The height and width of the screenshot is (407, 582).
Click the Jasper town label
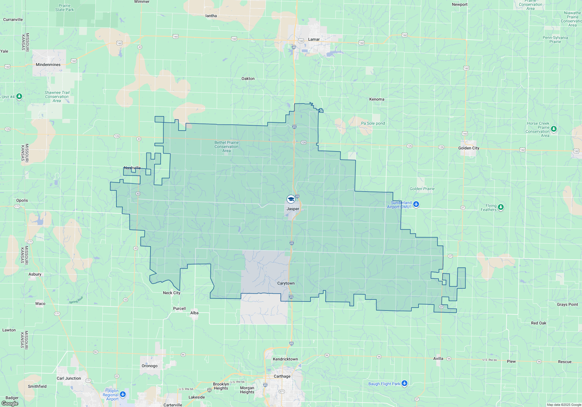point(293,209)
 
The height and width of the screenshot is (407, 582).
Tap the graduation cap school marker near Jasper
point(290,199)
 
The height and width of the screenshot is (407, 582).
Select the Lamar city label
point(314,39)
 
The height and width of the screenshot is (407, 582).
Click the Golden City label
point(469,148)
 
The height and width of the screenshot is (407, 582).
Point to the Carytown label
point(286,283)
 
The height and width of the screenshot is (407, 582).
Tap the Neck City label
point(171,293)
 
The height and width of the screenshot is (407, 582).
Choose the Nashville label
point(132,168)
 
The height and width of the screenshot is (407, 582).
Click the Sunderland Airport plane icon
point(416,204)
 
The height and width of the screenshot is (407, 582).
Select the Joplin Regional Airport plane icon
point(123,394)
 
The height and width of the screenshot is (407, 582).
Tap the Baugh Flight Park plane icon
point(404,383)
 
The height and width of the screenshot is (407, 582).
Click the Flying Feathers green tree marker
point(501,207)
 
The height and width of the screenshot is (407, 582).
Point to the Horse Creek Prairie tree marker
point(554,128)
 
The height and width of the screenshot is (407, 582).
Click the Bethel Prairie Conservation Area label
point(226,147)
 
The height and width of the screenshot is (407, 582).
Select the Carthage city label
point(282,376)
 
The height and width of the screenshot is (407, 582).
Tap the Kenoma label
point(377,99)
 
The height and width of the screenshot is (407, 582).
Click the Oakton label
point(248,78)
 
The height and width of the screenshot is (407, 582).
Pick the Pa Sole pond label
point(373,123)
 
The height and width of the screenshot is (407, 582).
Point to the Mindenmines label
point(48,65)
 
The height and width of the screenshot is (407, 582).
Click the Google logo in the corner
point(10,404)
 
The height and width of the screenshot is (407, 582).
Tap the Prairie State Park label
point(65,8)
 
